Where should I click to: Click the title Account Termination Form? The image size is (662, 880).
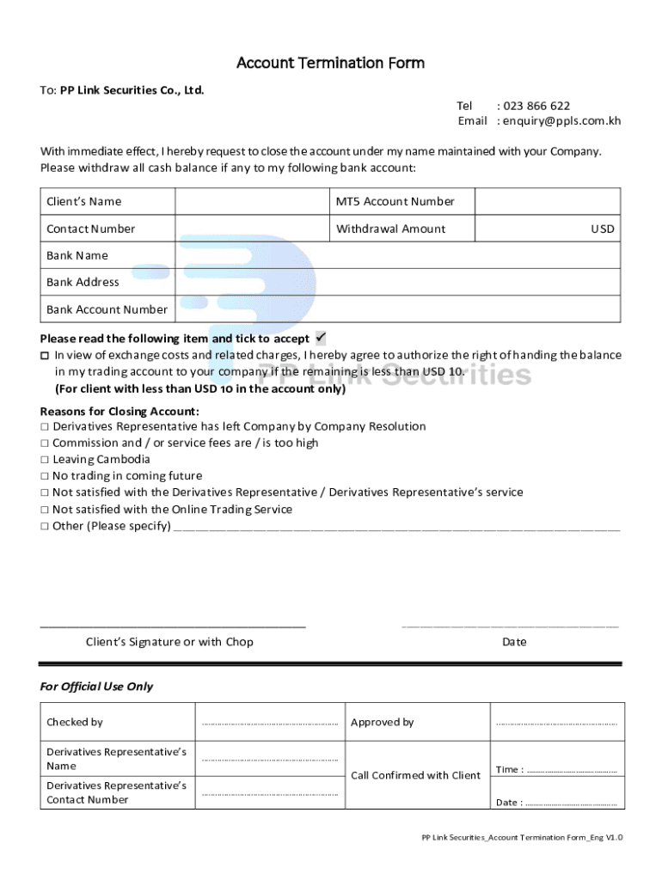click(330, 63)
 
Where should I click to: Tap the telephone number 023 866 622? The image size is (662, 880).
click(536, 106)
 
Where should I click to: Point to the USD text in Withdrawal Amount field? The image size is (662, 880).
click(602, 229)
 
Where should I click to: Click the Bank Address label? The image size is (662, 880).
click(83, 282)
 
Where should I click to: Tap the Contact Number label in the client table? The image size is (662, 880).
click(90, 229)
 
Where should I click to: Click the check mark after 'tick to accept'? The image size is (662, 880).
click(322, 338)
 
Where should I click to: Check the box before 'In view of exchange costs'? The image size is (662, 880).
click(45, 356)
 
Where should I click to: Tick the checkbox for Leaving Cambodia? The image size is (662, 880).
click(44, 460)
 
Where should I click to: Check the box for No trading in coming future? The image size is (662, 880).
click(44, 476)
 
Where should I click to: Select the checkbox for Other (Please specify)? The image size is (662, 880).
click(44, 526)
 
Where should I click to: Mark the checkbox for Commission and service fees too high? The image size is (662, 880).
click(44, 443)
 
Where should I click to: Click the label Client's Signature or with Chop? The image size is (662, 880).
click(169, 642)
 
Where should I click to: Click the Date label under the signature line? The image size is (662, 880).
click(514, 642)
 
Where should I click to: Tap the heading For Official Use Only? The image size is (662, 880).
click(96, 687)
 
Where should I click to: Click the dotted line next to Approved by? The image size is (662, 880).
click(556, 724)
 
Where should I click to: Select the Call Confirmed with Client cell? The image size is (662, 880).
click(415, 775)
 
